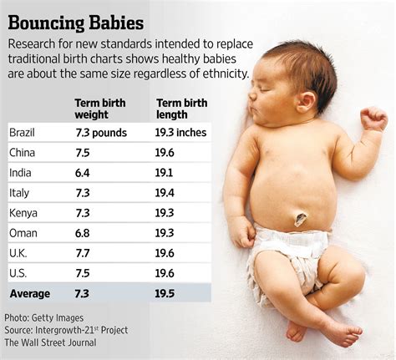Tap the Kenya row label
[x=23, y=212]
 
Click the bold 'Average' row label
[x=30, y=293]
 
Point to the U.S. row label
[x=19, y=272]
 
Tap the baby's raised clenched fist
[x=373, y=119]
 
